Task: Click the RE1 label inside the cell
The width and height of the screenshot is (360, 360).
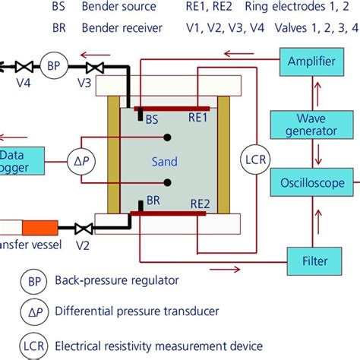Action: [203, 118]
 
